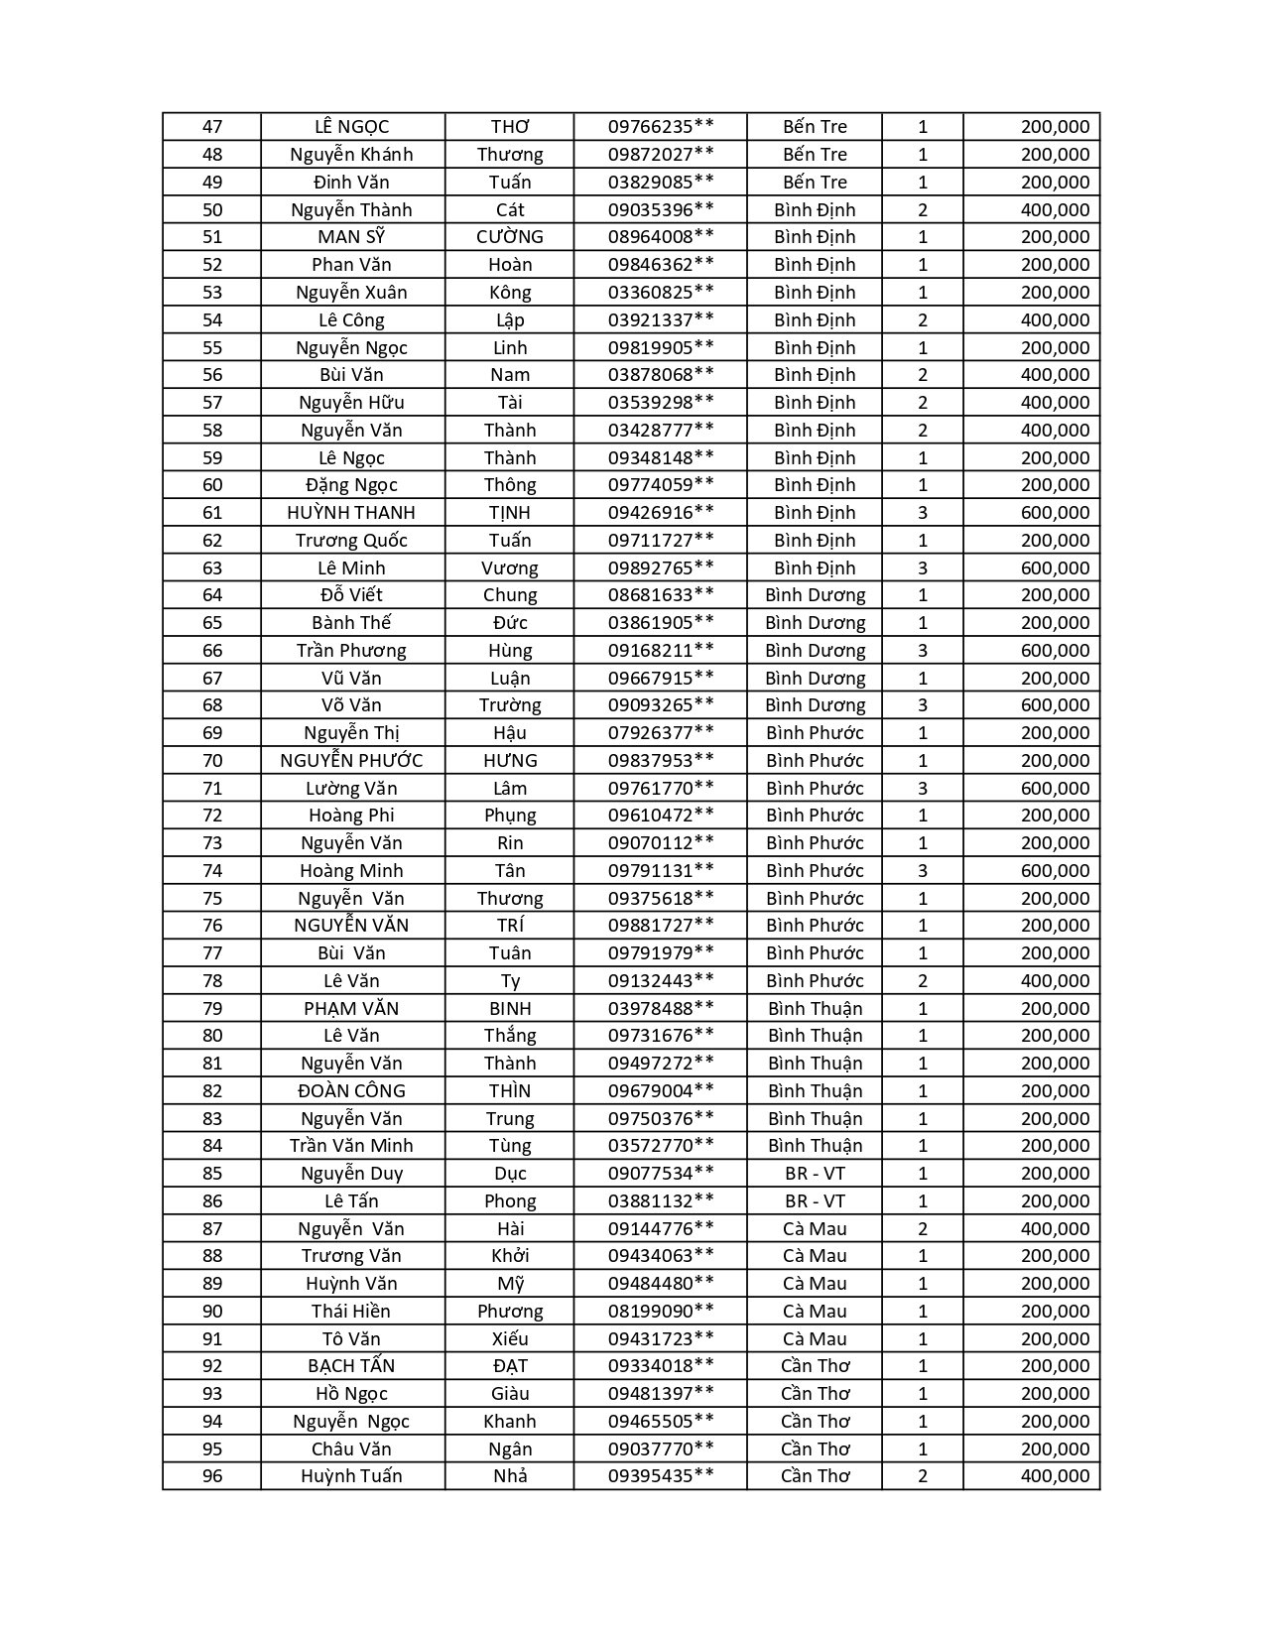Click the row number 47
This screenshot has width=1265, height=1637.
212,127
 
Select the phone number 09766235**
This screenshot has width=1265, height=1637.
661,127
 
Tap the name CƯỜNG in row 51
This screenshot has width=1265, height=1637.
510,237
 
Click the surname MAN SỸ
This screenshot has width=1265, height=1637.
351,237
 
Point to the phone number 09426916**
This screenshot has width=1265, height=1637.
661,513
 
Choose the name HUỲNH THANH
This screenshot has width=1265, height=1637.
351,513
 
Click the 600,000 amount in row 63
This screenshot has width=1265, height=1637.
1055,568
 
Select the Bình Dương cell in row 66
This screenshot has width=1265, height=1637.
815,651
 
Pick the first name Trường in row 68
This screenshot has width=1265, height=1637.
510,705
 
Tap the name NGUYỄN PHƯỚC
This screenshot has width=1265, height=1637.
351,761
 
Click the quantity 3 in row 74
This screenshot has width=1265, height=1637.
923,871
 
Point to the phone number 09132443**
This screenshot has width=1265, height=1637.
661,981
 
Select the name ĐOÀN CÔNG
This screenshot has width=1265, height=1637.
351,1091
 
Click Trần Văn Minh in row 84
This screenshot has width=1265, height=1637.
351,1146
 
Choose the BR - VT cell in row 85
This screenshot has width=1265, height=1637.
815,1174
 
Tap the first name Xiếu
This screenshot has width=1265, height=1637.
510,1339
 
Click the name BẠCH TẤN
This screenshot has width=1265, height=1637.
351,1366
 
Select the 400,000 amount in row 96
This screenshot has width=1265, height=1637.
1055,1476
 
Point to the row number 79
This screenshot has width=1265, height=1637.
212,1009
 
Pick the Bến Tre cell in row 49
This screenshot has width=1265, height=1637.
815,183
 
